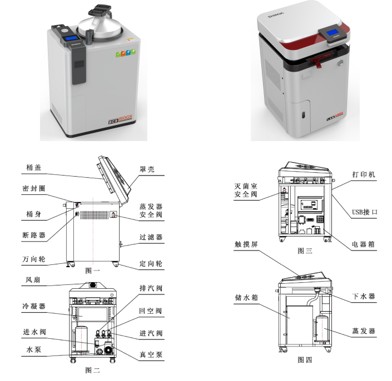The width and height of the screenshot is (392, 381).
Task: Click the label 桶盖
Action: [x=34, y=168]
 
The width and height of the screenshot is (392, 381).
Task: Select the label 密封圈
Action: [x=34, y=188]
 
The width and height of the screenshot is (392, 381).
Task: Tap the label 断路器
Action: [x=34, y=235]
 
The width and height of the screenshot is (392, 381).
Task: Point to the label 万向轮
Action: [x=34, y=259]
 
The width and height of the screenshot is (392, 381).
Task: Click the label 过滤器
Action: [x=151, y=237]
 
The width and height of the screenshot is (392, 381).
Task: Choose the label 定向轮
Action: [x=151, y=263]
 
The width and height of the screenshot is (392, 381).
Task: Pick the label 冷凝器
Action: [x=34, y=306]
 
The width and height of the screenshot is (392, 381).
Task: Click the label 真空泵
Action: [x=151, y=354]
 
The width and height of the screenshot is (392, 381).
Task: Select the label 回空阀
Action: [x=151, y=311]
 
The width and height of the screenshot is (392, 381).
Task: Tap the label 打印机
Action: [x=364, y=174]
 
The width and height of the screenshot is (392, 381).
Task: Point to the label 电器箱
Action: [x=364, y=244]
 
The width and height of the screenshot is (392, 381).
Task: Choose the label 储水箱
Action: [x=246, y=297]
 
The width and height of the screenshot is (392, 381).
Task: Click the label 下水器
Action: [x=364, y=297]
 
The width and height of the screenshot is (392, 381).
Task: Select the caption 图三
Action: [x=305, y=250]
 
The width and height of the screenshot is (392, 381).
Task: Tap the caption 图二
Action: [x=92, y=370]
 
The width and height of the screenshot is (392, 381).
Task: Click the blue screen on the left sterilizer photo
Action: [x=72, y=38]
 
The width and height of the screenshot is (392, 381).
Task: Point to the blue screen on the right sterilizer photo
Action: [x=333, y=32]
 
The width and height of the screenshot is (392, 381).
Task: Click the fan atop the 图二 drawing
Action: [x=93, y=284]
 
